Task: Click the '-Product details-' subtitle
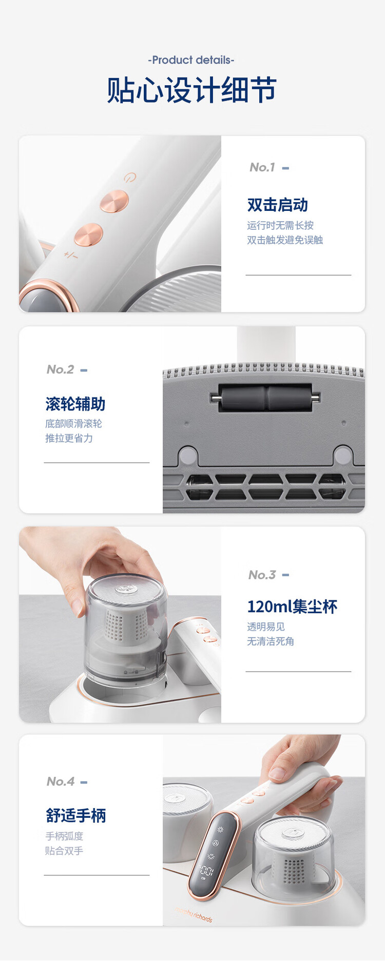pyautogui.click(x=191, y=60)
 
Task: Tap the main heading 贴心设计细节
pyautogui.click(x=191, y=90)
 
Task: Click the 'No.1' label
pyautogui.click(x=262, y=167)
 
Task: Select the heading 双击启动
pyautogui.click(x=277, y=205)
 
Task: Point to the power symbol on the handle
pyautogui.click(x=130, y=178)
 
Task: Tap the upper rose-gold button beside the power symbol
pyautogui.click(x=114, y=201)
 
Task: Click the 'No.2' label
pyautogui.click(x=61, y=369)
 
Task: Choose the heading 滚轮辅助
pyautogui.click(x=75, y=404)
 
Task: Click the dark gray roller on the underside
pyautogui.click(x=265, y=397)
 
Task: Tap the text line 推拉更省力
pyautogui.click(x=69, y=438)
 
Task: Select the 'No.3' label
pyautogui.click(x=262, y=575)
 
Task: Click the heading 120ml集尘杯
pyautogui.click(x=292, y=607)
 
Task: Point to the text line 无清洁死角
pyautogui.click(x=271, y=641)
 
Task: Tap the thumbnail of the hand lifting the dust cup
pyautogui.click(x=120, y=624)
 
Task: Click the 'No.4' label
pyautogui.click(x=61, y=781)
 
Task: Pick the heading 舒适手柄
pyautogui.click(x=76, y=815)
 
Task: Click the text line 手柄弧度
pyautogui.click(x=64, y=836)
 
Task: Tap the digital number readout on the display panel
pyautogui.click(x=206, y=870)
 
